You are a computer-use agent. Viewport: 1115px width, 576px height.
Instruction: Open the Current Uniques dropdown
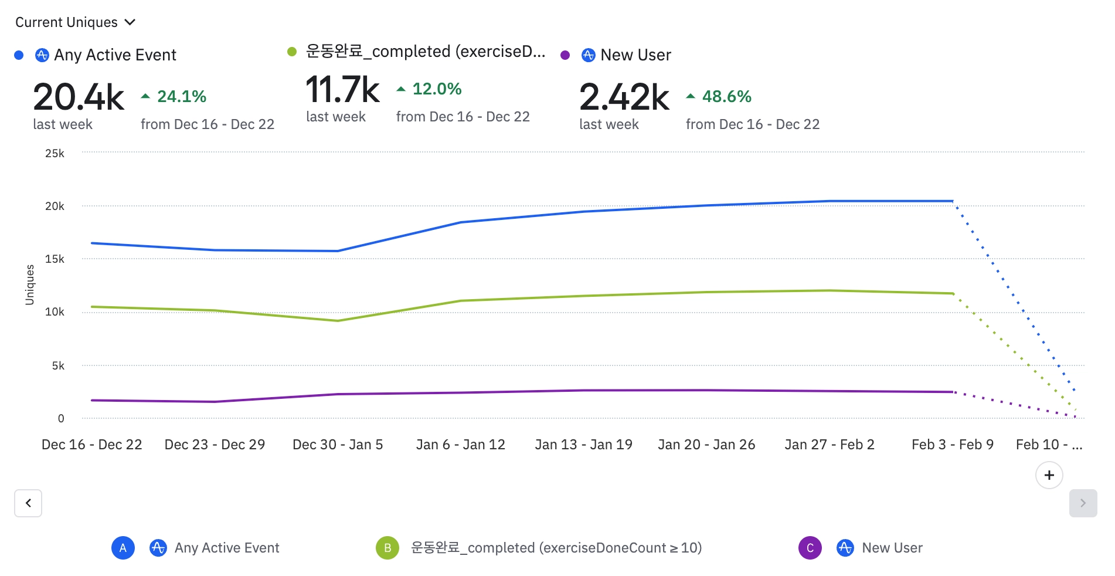coord(75,22)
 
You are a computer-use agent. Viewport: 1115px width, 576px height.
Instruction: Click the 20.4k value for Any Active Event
coord(79,97)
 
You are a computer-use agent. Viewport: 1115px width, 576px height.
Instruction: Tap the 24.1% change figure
coord(181,96)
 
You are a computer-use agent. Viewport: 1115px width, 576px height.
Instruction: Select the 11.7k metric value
coord(343,90)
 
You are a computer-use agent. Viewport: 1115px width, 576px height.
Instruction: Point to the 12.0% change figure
coord(437,89)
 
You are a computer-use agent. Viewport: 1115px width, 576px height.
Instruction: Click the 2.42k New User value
coord(624,97)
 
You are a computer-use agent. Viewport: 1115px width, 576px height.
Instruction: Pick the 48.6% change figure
coord(726,96)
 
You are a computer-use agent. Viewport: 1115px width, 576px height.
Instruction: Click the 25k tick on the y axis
coord(55,153)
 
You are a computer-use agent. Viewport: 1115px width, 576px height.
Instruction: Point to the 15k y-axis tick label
coord(55,259)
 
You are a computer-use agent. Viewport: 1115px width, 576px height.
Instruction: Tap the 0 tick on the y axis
coord(61,418)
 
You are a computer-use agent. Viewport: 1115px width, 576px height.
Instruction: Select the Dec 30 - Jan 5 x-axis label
coord(338,445)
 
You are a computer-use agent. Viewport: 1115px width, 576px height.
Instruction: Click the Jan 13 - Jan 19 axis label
coord(583,445)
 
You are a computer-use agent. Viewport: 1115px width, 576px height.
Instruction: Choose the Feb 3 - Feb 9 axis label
coord(953,445)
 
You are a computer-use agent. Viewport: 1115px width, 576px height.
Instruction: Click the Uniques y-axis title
coord(30,284)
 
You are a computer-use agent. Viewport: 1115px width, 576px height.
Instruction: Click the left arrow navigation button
coord(28,503)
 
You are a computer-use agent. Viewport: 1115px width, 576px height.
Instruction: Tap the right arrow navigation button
coord(1083,503)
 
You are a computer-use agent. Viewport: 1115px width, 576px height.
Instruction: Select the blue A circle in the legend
coord(123,548)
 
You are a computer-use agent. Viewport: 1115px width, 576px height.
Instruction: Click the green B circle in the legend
coord(387,548)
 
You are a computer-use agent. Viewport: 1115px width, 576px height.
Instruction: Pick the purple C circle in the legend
coord(810,548)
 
